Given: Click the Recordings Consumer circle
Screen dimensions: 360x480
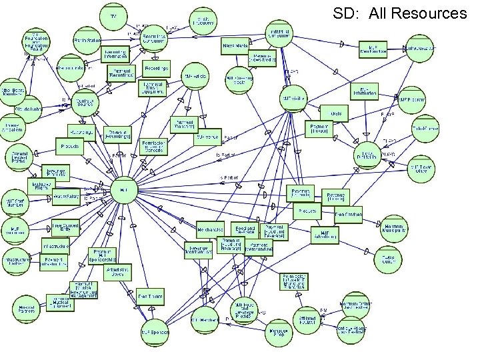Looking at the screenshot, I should (154, 39).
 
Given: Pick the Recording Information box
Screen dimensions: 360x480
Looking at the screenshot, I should (115, 54).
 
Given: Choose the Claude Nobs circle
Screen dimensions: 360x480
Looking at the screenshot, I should (26, 108).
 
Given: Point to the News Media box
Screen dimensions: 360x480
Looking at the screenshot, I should (235, 46).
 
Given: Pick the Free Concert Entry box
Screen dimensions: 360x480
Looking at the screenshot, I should (65, 228).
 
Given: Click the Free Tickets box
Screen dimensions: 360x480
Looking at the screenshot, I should (151, 295).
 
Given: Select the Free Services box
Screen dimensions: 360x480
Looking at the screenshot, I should (349, 215).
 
